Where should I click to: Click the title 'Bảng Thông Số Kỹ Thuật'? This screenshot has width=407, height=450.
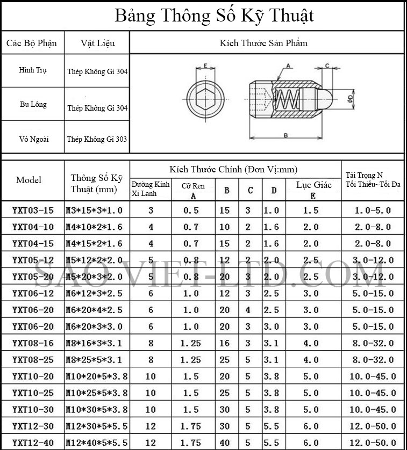[213, 16]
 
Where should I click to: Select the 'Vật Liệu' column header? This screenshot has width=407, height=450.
[97, 43]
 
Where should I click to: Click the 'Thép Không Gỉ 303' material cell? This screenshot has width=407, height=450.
[97, 139]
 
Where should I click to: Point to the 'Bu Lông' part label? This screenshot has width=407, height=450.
[33, 104]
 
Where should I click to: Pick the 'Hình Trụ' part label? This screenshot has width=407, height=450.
[33, 70]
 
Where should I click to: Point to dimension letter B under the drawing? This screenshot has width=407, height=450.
[286, 134]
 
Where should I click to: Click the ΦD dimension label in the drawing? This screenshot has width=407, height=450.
[350, 99]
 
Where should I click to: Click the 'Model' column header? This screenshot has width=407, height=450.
[28, 180]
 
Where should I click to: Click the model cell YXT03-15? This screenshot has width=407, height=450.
[33, 211]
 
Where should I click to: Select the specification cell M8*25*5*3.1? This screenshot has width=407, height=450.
[97, 359]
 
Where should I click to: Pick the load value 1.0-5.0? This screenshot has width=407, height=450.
[373, 211]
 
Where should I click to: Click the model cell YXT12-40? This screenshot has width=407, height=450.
[33, 442]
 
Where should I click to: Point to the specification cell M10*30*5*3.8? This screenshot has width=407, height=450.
[97, 409]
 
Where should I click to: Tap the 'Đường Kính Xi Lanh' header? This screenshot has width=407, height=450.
[151, 188]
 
